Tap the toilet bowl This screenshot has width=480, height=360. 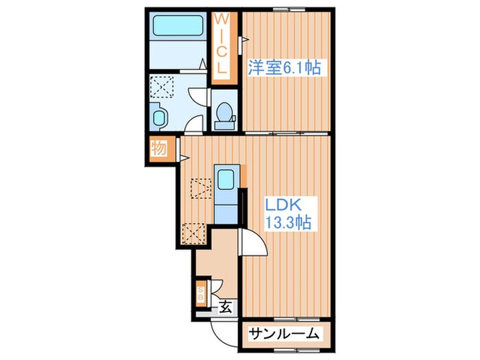pyautogui.click(x=224, y=115)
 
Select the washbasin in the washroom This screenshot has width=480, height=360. pyautogui.click(x=158, y=118)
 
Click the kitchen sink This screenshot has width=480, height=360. pyautogui.click(x=225, y=180)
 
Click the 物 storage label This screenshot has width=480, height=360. pyautogui.click(x=159, y=148)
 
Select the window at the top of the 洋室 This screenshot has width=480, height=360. pyautogui.click(x=289, y=8)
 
